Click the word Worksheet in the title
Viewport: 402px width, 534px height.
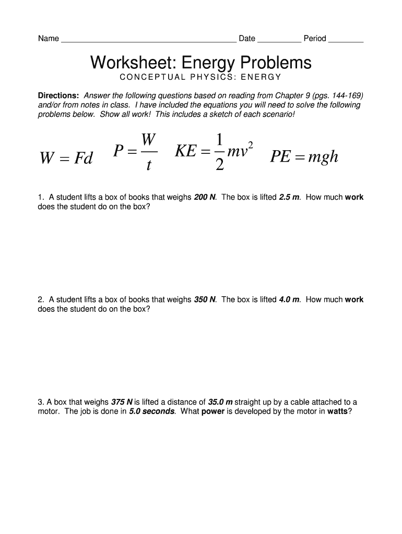127,63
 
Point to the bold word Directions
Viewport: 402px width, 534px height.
58,96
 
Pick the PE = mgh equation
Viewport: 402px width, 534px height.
304,157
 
